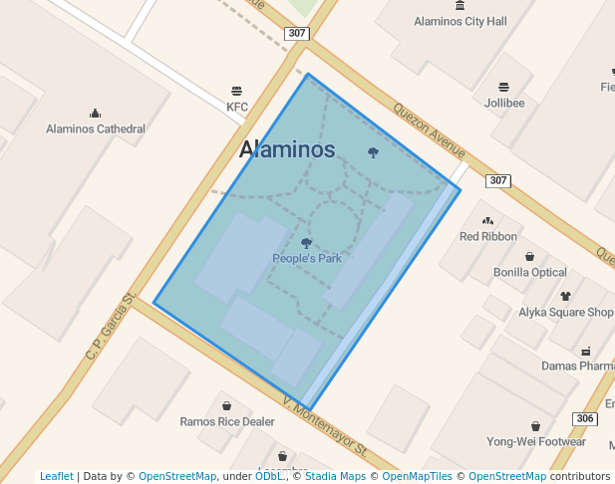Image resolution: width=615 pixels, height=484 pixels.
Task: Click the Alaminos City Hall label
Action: click(461, 21)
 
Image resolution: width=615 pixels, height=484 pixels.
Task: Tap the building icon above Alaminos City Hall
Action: click(460, 5)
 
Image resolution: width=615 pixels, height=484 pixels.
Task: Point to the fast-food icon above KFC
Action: click(236, 91)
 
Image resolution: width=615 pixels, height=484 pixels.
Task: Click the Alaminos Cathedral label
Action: click(96, 128)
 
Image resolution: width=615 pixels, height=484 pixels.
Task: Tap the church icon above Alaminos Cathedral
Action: click(96, 113)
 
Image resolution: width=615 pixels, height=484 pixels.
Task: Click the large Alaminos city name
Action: click(287, 149)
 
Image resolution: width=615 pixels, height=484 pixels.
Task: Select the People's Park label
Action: click(307, 258)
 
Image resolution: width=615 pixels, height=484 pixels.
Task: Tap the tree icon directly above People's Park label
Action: click(306, 242)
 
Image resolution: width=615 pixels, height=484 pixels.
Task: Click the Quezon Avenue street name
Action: click(430, 130)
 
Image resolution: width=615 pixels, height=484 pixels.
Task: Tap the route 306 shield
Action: click(586, 418)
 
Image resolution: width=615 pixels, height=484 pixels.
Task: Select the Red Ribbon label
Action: click(487, 236)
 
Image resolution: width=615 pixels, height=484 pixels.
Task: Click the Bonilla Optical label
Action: click(529, 272)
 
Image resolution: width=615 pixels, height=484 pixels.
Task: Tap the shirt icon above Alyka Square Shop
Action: click(566, 296)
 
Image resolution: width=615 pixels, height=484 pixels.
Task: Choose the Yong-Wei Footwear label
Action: click(535, 441)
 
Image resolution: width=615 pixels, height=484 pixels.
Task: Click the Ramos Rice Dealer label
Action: click(227, 421)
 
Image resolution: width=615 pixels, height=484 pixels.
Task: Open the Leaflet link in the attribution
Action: click(56, 476)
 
